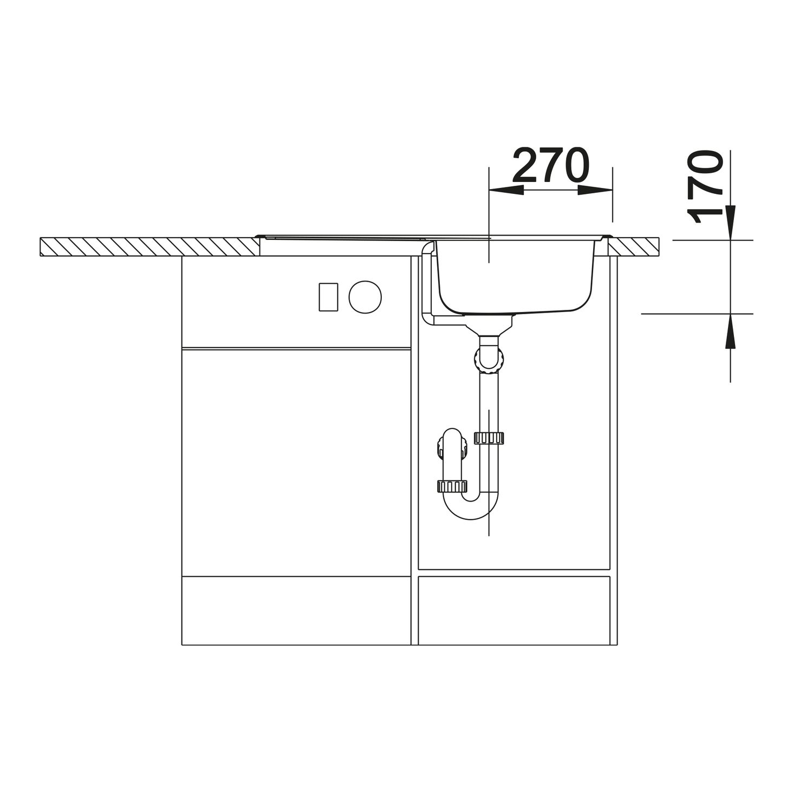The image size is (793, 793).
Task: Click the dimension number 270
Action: pyautogui.click(x=551, y=165)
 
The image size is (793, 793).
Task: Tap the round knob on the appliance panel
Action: pyautogui.click(x=365, y=296)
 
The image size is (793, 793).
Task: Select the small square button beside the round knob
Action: pyautogui.click(x=328, y=297)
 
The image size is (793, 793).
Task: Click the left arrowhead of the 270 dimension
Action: pyautogui.click(x=506, y=190)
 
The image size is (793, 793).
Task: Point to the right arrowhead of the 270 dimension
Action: pyautogui.click(x=595, y=190)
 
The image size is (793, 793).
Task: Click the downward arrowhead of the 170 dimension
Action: pyautogui.click(x=731, y=222)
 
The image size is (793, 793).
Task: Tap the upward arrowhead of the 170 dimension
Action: pyautogui.click(x=731, y=331)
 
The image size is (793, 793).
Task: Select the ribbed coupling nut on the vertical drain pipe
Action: pyautogui.click(x=489, y=438)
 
